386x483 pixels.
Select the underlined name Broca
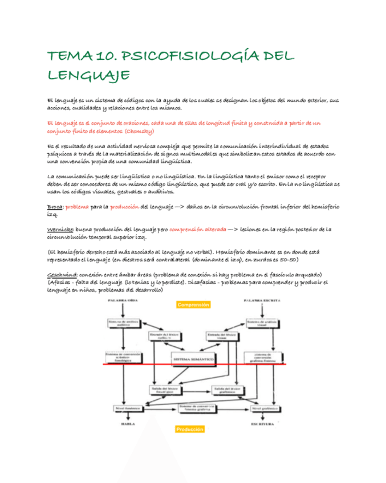[55, 207]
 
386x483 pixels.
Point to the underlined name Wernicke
[60, 230]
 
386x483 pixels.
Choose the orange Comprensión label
[193, 305]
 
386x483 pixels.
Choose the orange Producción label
[190, 429]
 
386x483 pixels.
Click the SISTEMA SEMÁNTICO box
[193, 360]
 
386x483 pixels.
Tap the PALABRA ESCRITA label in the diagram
[260, 300]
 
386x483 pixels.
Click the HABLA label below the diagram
[128, 424]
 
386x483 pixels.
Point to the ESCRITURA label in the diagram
[263, 424]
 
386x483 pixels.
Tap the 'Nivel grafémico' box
[263, 408]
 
